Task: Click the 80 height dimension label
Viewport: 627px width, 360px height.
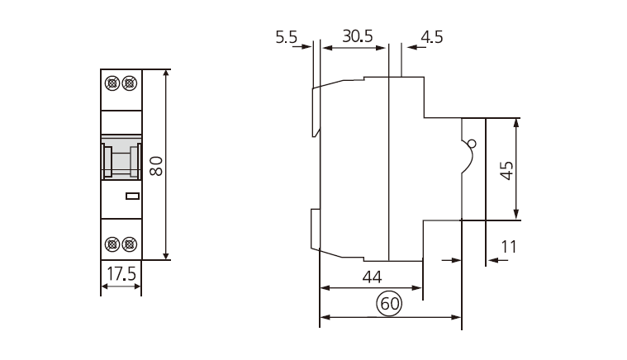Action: coord(155,165)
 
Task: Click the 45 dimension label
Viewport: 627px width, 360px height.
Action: coord(506,170)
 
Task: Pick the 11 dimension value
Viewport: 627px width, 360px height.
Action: coord(508,246)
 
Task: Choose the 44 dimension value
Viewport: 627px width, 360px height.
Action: coord(372,277)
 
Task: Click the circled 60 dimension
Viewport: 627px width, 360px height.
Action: coord(389,304)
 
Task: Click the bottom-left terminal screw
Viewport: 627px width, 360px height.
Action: coord(113,244)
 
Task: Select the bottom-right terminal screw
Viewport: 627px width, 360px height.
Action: coord(129,244)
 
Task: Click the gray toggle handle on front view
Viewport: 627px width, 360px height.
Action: coord(121,158)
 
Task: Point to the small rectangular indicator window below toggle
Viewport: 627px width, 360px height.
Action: coord(131,197)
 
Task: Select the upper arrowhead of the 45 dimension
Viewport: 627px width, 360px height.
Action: coord(517,122)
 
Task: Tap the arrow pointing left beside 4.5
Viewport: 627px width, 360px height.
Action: coord(409,47)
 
